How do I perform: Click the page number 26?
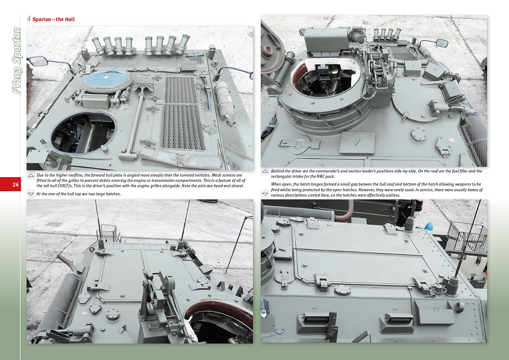click(x=16, y=185)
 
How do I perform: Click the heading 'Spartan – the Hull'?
click(x=53, y=19)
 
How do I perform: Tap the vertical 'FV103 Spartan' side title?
click(x=17, y=61)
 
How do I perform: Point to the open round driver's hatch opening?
click(x=83, y=132)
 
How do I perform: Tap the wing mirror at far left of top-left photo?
click(x=38, y=61)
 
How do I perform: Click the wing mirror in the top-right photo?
click(x=441, y=43)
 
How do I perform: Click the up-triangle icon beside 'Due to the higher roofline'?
click(x=31, y=176)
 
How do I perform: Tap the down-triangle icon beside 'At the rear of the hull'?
click(x=31, y=194)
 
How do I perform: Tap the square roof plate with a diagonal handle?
click(x=356, y=143)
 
